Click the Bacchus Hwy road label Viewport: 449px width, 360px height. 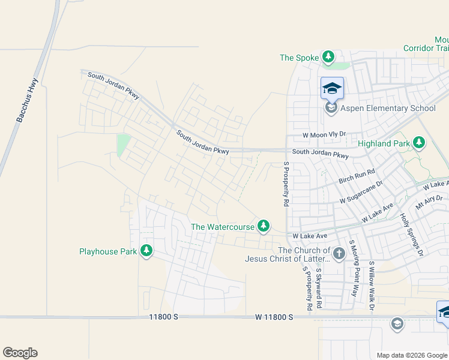pos(28,101)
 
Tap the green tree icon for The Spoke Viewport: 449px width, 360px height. pos(328,58)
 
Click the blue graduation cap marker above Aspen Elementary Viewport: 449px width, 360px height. pos(332,89)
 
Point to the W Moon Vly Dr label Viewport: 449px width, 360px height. pos(325,136)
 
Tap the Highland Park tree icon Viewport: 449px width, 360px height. pos(419,143)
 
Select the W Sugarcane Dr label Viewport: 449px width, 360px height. pos(361,193)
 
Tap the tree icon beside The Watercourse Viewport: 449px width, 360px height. pos(263,226)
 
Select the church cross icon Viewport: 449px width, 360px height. pos(339,253)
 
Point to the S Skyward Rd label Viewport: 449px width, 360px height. pos(319,288)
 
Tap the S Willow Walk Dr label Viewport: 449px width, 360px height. pos(372,286)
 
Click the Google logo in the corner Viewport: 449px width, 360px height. pos(20,353)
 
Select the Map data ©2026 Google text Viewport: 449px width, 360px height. pos(411,355)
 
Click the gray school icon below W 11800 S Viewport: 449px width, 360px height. pos(396,325)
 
